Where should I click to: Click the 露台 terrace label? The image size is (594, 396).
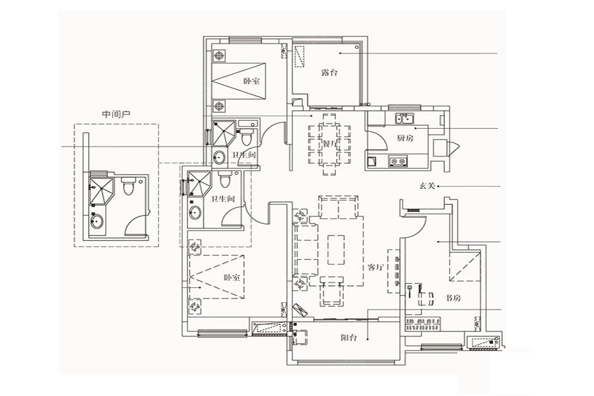tap(329, 73)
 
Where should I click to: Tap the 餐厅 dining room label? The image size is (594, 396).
tap(329, 144)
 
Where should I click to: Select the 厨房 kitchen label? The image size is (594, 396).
tap(405, 138)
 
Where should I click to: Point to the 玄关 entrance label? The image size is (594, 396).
tap(427, 186)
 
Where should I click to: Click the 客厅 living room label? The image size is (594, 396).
tap(376, 267)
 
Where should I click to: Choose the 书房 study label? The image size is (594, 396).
tap(452, 298)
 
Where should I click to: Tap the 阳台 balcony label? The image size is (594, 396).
tap(348, 337)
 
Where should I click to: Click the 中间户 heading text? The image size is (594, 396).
tap(116, 114)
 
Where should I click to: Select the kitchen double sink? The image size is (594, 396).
tap(405, 118)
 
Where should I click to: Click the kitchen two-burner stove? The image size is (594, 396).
tap(398, 162)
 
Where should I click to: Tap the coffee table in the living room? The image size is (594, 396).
tap(336, 249)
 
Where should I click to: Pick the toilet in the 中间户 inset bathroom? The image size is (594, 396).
tap(128, 186)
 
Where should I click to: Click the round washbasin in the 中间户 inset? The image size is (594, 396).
tap(97, 221)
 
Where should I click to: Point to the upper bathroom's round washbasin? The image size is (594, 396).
tap(219, 157)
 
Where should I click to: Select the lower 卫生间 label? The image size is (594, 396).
tap(222, 199)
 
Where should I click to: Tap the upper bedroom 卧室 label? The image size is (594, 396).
tap(251, 81)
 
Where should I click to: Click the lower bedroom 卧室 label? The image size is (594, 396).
tap(232, 277)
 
